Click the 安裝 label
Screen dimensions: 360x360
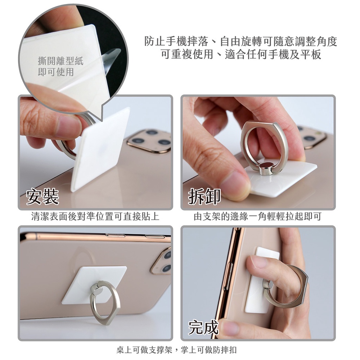(x=43, y=197)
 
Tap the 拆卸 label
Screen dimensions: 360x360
(x=204, y=197)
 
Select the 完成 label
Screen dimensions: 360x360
(x=203, y=327)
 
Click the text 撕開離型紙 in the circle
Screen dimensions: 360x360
(x=60, y=61)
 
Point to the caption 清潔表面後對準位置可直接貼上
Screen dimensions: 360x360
(x=95, y=216)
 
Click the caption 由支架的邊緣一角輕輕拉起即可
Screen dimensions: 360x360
(x=257, y=216)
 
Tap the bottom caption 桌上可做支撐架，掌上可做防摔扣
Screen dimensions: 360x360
(x=176, y=350)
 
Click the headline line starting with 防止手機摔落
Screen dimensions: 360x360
(x=241, y=41)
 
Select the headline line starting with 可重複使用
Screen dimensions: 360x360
(x=241, y=54)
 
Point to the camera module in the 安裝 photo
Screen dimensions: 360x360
(x=149, y=141)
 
